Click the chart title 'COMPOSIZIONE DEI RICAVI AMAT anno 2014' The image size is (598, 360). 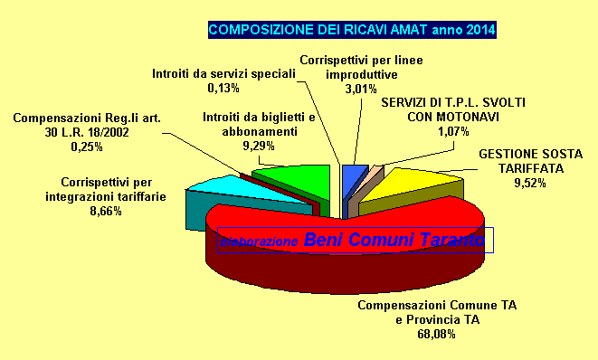click(352, 30)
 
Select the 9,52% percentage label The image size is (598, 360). click(530, 182)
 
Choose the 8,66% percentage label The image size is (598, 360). click(105, 211)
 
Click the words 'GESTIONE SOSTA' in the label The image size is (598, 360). click(530, 154)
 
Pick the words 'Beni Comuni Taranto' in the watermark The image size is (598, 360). click(394, 241)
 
